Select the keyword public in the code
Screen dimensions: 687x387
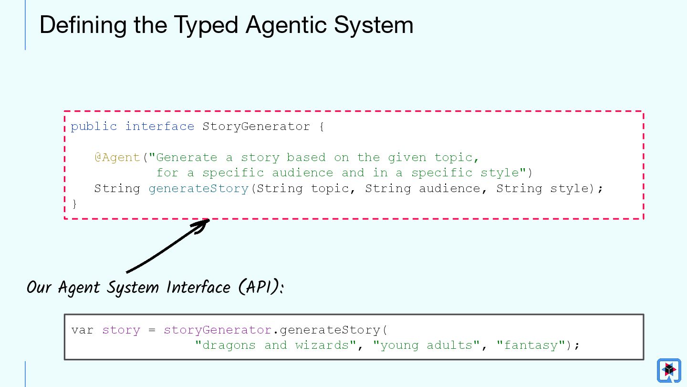(x=94, y=127)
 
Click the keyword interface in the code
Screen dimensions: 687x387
(x=159, y=127)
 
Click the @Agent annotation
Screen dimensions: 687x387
(x=117, y=158)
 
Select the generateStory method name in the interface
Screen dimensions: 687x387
(x=198, y=189)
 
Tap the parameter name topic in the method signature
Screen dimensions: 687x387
(x=329, y=189)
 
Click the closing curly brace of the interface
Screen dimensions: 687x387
(x=74, y=204)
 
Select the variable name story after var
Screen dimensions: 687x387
(x=121, y=330)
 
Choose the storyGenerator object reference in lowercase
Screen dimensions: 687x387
(x=218, y=330)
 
